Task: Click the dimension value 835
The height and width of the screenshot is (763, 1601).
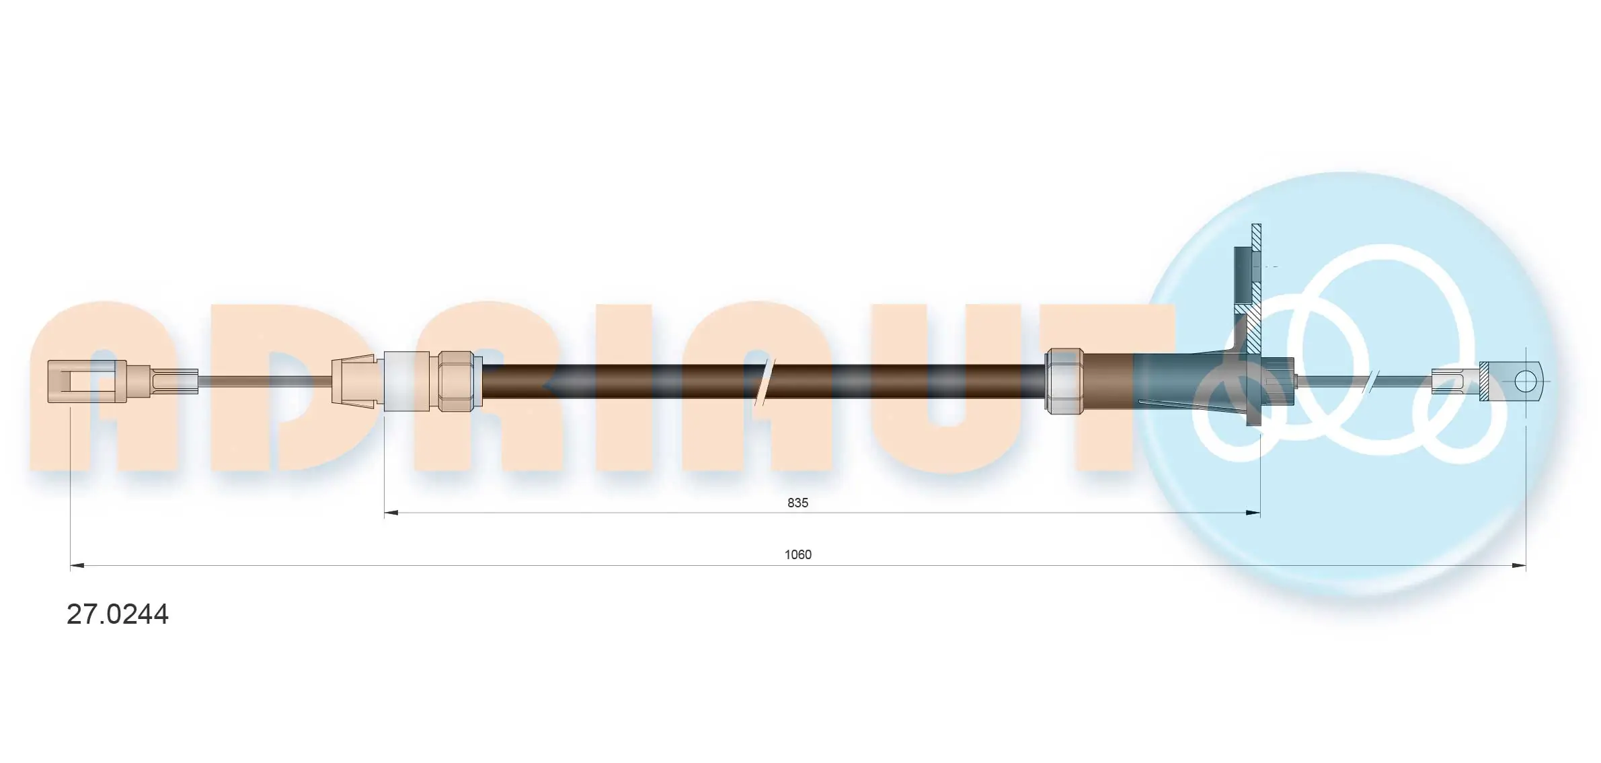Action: tap(797, 503)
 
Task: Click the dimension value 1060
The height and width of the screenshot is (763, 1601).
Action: tap(797, 554)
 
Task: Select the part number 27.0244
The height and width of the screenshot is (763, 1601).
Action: tap(118, 614)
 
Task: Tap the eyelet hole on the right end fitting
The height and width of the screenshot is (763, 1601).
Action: tap(1525, 381)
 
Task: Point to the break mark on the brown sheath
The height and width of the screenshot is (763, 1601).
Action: tap(763, 381)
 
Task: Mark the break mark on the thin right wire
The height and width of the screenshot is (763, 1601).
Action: tap(1370, 381)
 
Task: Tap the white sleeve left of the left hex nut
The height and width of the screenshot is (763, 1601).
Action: tap(407, 381)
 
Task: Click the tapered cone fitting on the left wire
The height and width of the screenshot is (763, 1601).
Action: tap(353, 381)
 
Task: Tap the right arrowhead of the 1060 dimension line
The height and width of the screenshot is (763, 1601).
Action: tap(1519, 565)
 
